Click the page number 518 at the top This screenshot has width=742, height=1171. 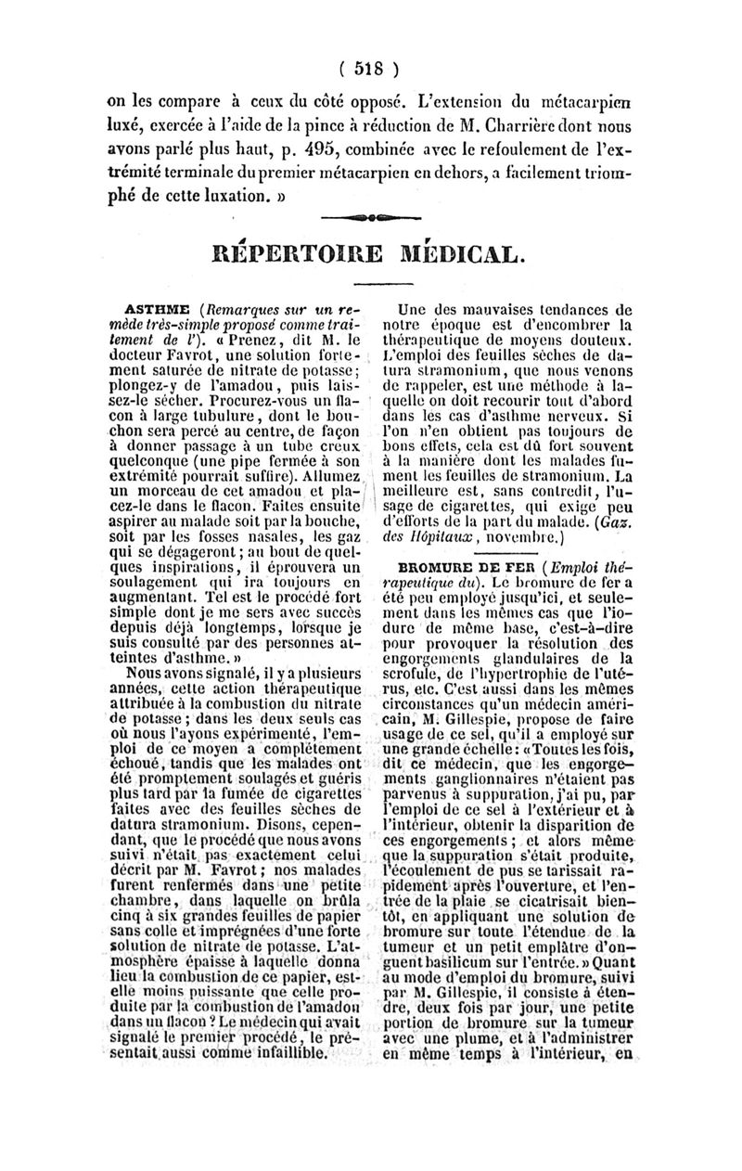(x=369, y=67)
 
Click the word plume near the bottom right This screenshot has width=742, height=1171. (x=476, y=1038)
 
